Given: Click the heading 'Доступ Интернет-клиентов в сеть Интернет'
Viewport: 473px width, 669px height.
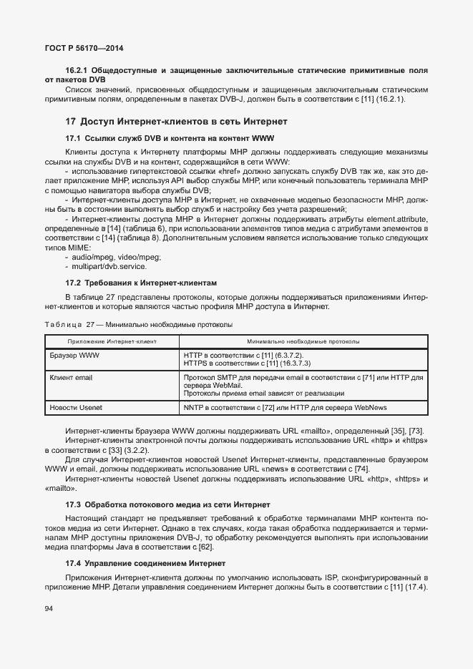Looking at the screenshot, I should coord(184,122).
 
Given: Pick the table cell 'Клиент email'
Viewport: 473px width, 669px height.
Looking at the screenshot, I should coord(71,377).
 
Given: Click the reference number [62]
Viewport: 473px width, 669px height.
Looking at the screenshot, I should coord(205,547).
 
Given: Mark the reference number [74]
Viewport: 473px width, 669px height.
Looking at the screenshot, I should coord(361,469).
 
